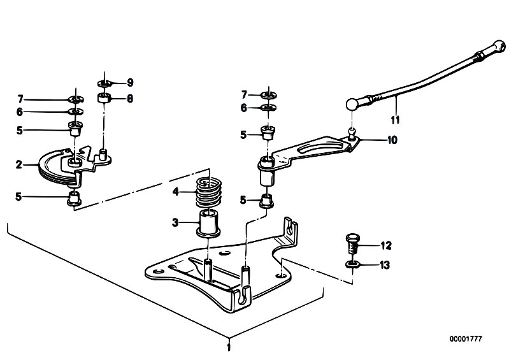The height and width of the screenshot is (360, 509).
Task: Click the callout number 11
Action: point(395,120)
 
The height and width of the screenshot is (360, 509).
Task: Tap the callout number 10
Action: point(392,140)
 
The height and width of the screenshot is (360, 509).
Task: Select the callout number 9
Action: point(130,82)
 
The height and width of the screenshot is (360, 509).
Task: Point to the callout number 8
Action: point(130,98)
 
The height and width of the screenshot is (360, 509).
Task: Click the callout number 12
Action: point(386,246)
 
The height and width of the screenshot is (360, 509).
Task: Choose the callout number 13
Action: point(385,265)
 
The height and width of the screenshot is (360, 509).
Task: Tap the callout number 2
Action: point(19,165)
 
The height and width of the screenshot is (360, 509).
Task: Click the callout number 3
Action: point(175,222)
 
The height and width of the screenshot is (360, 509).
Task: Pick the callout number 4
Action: point(176,192)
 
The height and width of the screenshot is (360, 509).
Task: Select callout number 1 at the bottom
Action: point(229,347)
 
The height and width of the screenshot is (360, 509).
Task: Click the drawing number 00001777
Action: point(466,339)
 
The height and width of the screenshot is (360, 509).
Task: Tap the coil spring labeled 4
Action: point(208,192)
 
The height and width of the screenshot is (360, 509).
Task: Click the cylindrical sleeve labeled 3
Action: point(208,224)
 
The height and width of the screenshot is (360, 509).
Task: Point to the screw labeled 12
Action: point(352,244)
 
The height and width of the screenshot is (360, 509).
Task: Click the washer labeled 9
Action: point(105,83)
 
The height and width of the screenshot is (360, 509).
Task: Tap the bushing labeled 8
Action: point(104,97)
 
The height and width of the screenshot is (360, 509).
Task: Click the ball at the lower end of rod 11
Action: point(352,104)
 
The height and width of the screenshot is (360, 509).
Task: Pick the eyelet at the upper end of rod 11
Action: point(499,47)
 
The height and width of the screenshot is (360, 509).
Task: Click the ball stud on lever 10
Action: point(352,133)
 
